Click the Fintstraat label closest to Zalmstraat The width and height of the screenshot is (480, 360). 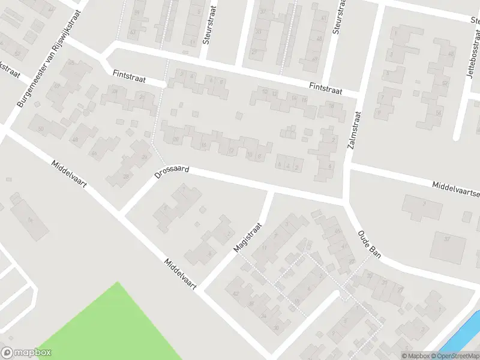coord(325,88)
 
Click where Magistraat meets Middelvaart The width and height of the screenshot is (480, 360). coord(200,289)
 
